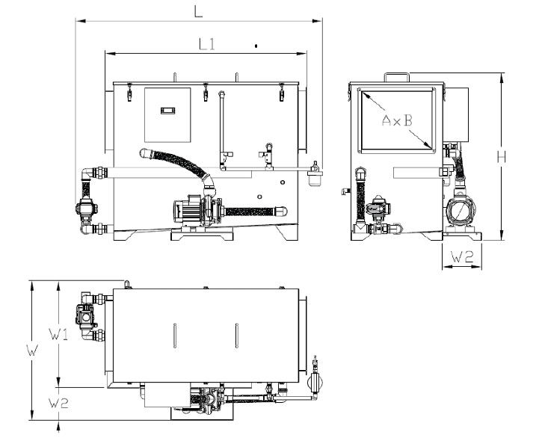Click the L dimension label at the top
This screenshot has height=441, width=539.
coord(198,10)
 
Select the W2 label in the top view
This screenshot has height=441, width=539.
coord(60,404)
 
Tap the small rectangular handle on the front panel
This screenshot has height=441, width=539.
coord(167,111)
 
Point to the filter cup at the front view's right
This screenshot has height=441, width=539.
coord(315,178)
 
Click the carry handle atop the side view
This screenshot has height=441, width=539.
coord(396,75)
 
